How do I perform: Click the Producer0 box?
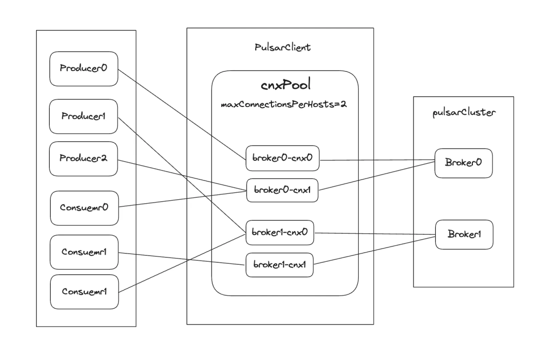point(84,69)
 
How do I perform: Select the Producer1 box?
point(84,116)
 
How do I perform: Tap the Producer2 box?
point(84,159)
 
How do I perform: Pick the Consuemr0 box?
point(85,208)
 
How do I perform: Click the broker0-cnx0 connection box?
point(283,158)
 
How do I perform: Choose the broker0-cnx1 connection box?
point(283,190)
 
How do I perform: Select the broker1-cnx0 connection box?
point(280,233)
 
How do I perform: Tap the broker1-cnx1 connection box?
point(280,265)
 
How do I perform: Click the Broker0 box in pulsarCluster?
point(464,163)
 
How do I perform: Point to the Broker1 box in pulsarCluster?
point(464,235)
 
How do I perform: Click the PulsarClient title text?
point(283,48)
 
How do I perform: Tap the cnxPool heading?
point(286,85)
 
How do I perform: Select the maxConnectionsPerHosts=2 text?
point(284,104)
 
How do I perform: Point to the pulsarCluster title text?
point(464,113)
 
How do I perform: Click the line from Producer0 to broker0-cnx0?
point(182,115)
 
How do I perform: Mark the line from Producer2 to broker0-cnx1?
point(182,175)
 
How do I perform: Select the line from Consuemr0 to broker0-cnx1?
point(183,199)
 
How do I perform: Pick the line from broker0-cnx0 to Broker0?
point(378,160)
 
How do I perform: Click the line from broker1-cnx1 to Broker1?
point(374,250)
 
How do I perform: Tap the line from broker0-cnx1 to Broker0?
point(376,176)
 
